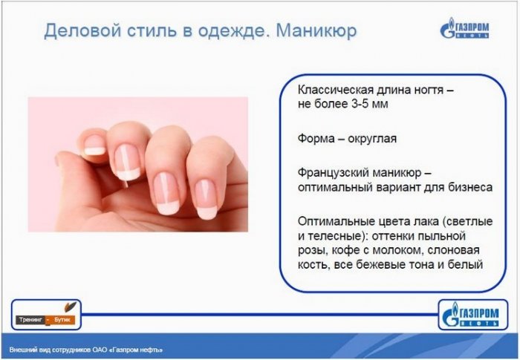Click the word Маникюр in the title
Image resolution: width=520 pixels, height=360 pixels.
(316, 31)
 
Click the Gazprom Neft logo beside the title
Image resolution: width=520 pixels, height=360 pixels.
(464, 28)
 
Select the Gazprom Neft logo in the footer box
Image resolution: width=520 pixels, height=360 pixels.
(472, 315)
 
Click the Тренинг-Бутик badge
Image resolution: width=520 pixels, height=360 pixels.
(46, 315)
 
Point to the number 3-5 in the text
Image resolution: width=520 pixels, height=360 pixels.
(360, 104)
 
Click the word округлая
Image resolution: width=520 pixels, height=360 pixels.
(371, 139)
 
